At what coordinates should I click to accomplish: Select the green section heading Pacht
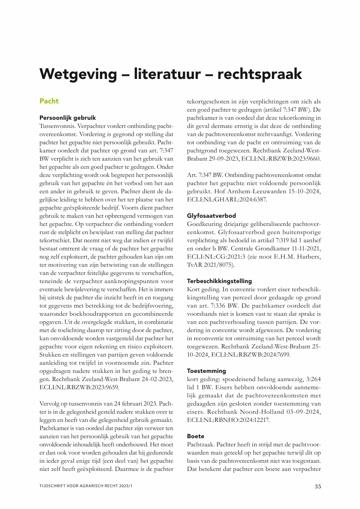(x=49, y=100)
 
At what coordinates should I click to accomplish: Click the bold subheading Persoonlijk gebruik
(x=68, y=117)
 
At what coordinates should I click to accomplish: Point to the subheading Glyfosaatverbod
(x=212, y=215)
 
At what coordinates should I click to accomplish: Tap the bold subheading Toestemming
(x=206, y=371)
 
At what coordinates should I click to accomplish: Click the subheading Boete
(x=196, y=436)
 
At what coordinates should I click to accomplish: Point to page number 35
(x=318, y=486)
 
